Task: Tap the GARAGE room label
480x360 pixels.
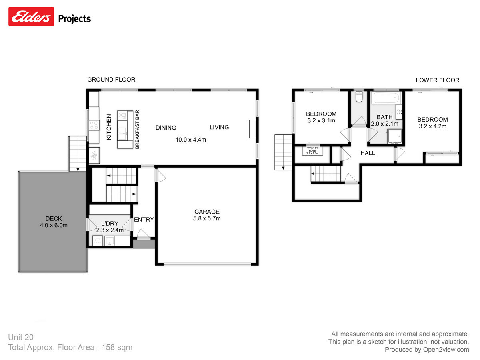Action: pyautogui.click(x=207, y=212)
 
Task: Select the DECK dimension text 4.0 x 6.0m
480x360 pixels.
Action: pyautogui.click(x=54, y=225)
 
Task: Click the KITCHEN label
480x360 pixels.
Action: pyautogui.click(x=108, y=127)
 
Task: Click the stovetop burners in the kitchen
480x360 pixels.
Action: pyautogui.click(x=94, y=125)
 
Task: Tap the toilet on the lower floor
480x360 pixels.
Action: pyautogui.click(x=359, y=97)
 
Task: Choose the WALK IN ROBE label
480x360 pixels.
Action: pyautogui.click(x=312, y=150)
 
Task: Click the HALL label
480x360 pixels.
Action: pyautogui.click(x=368, y=153)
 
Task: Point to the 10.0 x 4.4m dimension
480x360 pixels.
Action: pyautogui.click(x=190, y=140)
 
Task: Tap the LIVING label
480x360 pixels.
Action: pyautogui.click(x=219, y=127)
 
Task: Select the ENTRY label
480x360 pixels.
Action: pyautogui.click(x=144, y=219)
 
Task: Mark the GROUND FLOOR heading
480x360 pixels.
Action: pyautogui.click(x=111, y=80)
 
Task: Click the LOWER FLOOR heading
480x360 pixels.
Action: pyautogui.click(x=437, y=80)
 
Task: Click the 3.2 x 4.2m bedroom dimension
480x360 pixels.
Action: pyautogui.click(x=432, y=126)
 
